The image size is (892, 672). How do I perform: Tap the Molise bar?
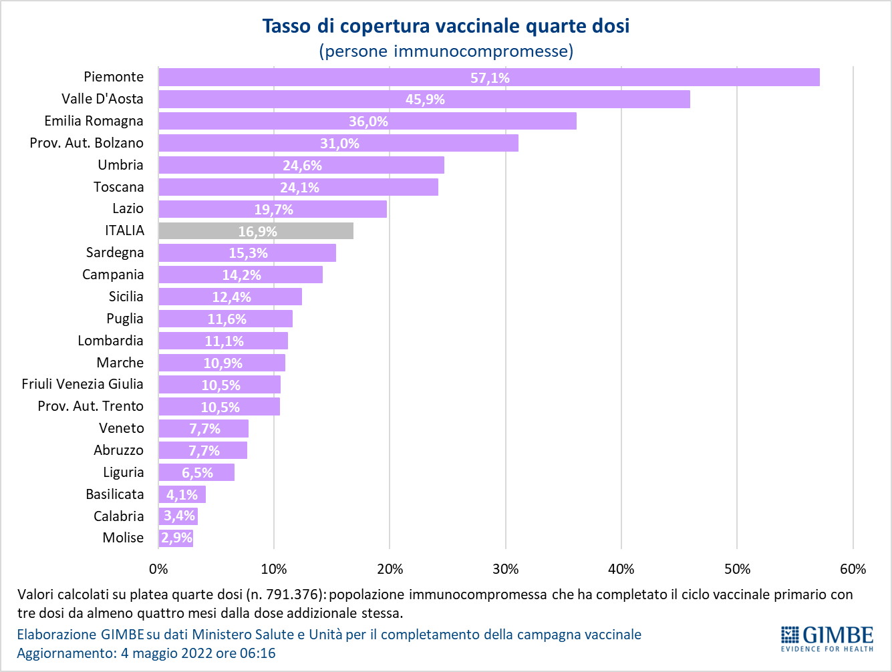coord(176,538)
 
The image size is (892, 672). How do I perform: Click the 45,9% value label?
coord(425,100)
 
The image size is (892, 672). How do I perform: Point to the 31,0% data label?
coord(339,144)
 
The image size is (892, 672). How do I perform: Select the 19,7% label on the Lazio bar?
coord(273,210)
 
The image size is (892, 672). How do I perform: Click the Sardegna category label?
coord(115,253)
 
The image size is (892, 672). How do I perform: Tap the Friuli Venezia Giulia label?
coord(82,384)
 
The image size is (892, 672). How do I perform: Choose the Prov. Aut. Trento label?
coord(90,406)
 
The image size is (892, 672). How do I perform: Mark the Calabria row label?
coord(118,516)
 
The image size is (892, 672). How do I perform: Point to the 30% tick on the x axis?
coord(506,569)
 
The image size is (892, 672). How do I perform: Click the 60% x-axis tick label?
coord(853,569)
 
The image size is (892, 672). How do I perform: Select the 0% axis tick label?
coord(158,569)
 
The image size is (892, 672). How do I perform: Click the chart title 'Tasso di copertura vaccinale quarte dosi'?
coord(446,26)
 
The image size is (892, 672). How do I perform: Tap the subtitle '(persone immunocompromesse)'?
coord(446,51)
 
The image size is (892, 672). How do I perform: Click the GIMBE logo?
coord(827,638)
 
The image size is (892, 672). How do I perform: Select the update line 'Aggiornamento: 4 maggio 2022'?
coord(146,653)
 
